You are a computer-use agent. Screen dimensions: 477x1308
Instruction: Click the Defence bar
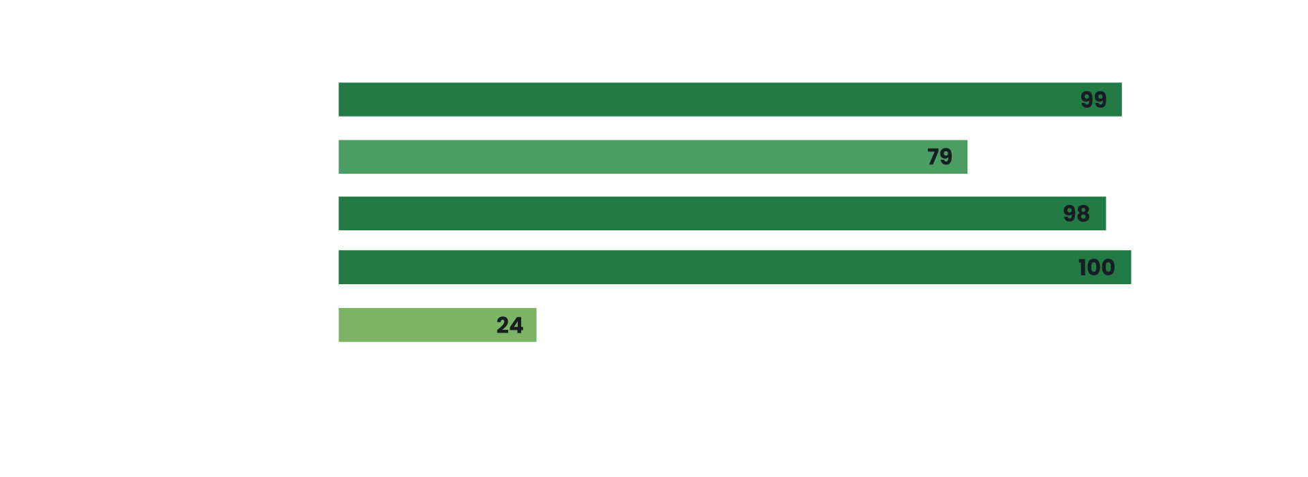click(x=729, y=99)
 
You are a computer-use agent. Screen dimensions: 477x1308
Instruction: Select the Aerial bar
click(x=653, y=157)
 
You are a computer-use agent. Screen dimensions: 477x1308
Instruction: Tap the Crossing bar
click(x=722, y=213)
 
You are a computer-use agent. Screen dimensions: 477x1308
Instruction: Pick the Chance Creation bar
click(x=734, y=267)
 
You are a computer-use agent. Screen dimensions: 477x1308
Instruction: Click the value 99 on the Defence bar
click(x=1093, y=100)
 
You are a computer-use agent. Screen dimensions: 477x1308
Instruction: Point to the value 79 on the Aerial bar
click(x=939, y=157)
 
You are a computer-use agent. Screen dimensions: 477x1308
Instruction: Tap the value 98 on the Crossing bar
click(x=1076, y=214)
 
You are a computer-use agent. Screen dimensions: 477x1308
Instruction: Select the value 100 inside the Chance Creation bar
click(x=1096, y=268)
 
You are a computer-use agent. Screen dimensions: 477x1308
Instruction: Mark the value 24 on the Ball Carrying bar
click(x=510, y=326)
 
